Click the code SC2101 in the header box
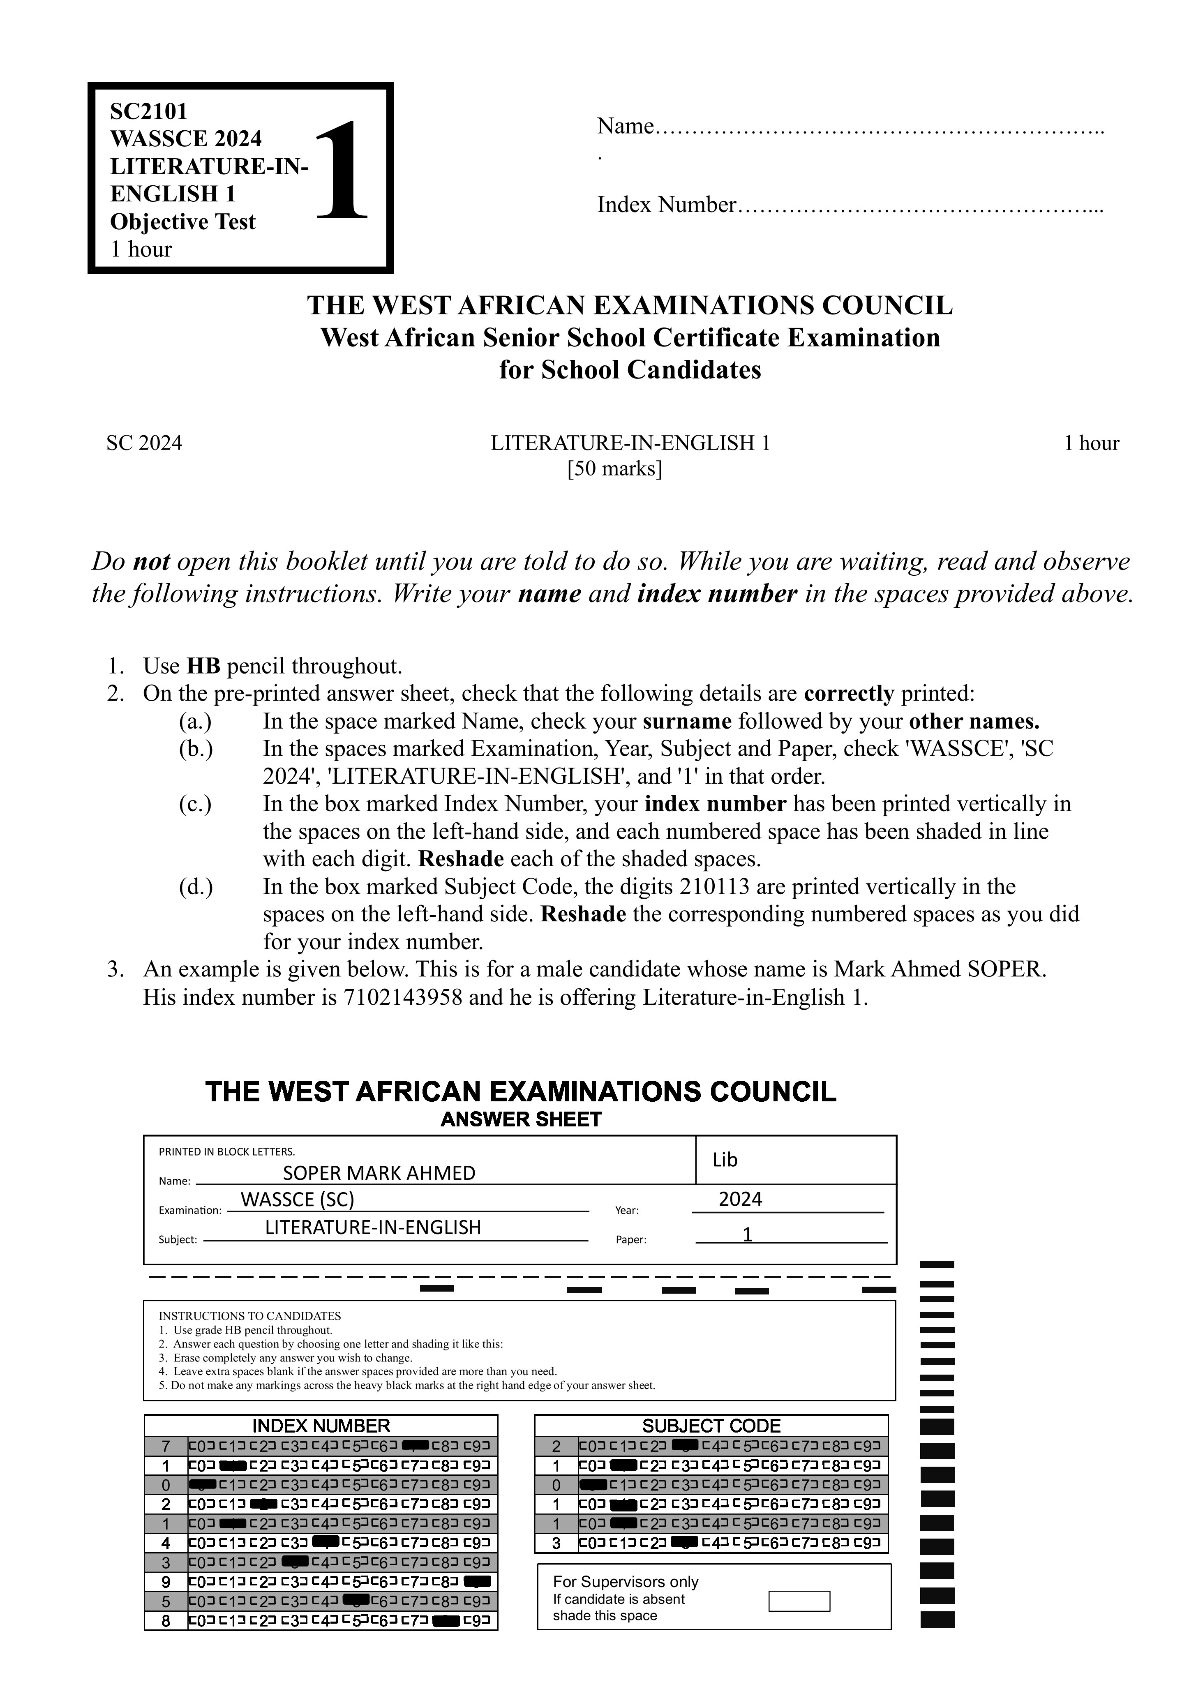pyautogui.click(x=149, y=111)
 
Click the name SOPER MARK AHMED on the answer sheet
pyautogui.click(x=379, y=1173)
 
